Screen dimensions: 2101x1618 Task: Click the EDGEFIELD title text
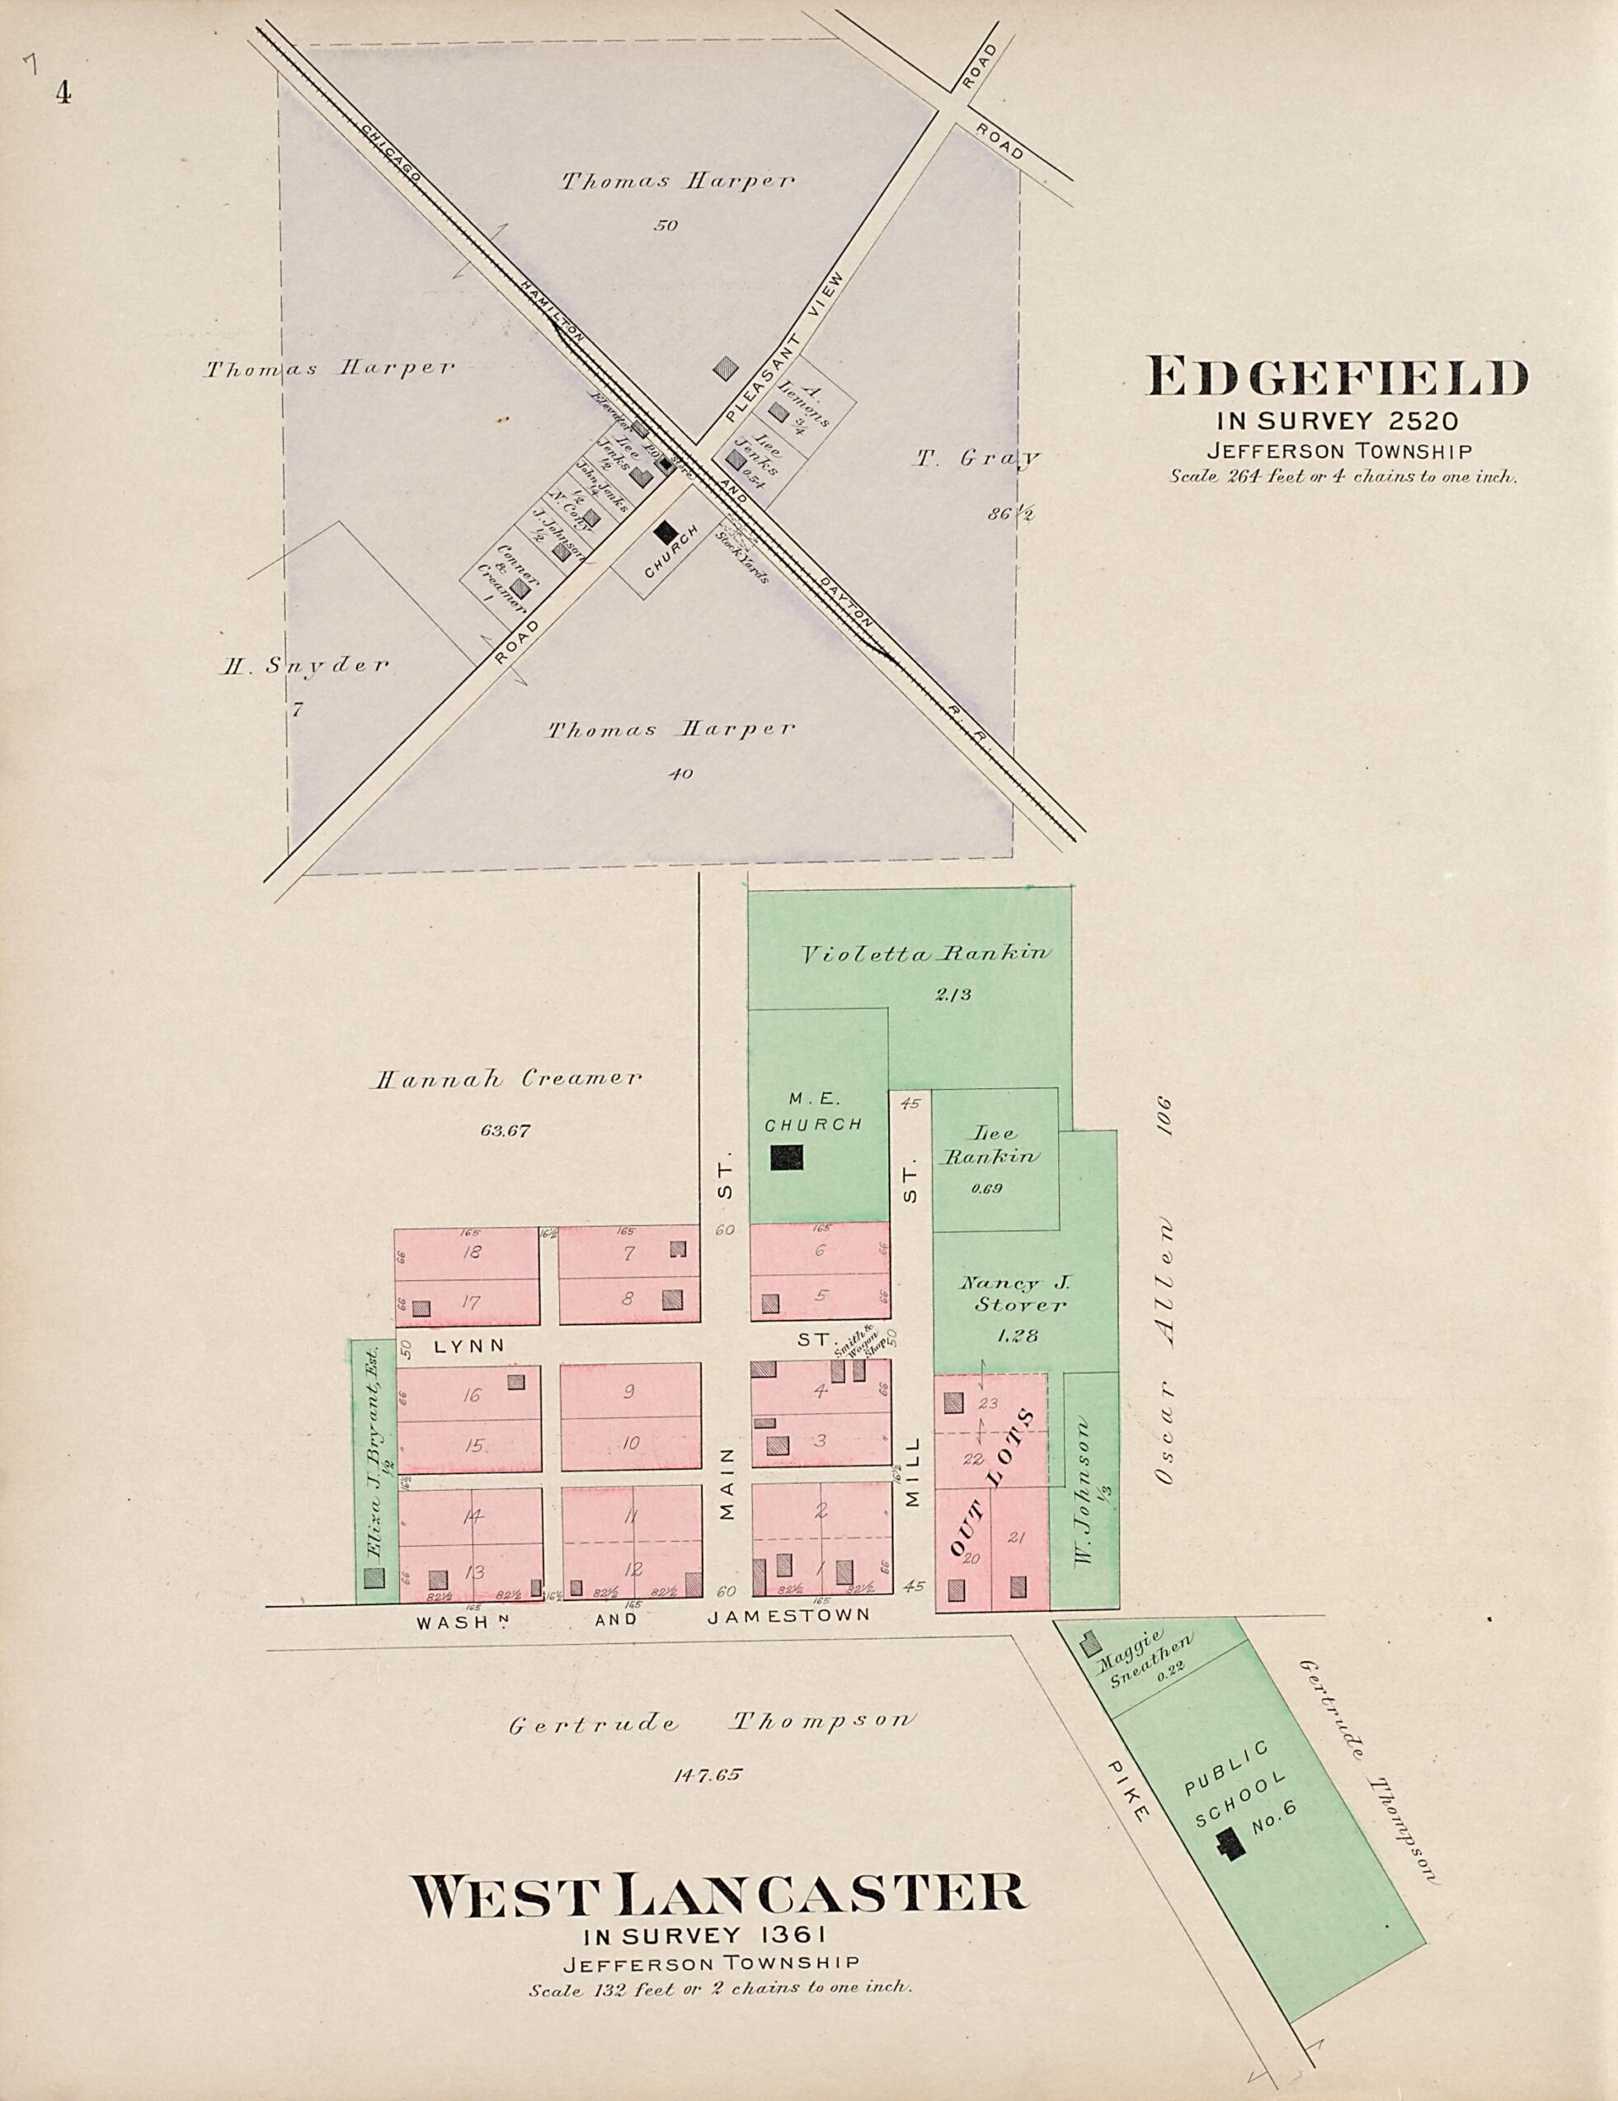1336,378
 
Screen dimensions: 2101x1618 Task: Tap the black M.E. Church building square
786,1157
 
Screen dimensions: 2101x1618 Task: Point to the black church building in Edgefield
665,531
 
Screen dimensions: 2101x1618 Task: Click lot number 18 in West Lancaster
472,1252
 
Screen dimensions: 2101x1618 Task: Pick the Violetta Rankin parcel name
926,954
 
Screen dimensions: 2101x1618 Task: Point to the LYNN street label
468,1346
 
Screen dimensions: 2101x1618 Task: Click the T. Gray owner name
976,459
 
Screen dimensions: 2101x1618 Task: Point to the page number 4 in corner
63,93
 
